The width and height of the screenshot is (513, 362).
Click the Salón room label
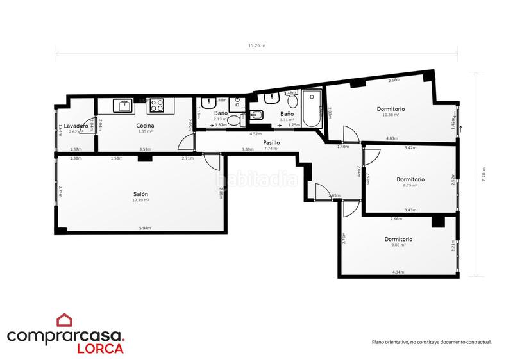click(x=140, y=194)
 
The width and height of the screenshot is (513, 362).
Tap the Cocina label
click(x=144, y=126)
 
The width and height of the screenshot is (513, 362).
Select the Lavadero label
click(x=76, y=126)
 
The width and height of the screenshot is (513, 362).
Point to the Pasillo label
click(x=271, y=143)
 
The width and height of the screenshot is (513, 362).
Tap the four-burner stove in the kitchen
click(x=158, y=106)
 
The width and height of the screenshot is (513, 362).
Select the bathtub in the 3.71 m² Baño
click(x=313, y=110)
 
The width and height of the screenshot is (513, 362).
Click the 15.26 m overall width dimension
click(x=256, y=46)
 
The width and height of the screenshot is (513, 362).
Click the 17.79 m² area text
click(x=140, y=201)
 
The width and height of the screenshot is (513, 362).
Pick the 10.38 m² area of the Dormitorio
click(x=391, y=115)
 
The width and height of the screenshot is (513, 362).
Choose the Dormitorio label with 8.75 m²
click(x=410, y=179)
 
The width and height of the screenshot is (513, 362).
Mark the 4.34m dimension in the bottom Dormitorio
click(x=398, y=273)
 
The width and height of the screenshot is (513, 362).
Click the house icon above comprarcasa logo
click(x=65, y=320)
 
